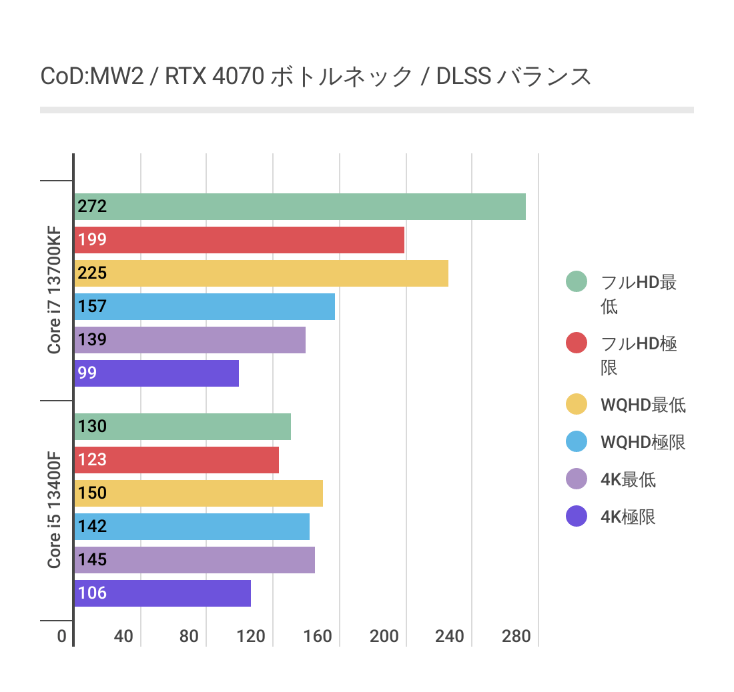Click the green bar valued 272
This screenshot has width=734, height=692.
click(x=300, y=207)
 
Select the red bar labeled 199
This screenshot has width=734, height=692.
click(x=240, y=240)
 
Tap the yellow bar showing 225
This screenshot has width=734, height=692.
click(x=262, y=273)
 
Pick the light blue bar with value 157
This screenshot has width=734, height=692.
click(x=205, y=307)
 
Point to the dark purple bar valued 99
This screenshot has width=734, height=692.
click(x=157, y=373)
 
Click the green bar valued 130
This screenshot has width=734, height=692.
click(x=183, y=427)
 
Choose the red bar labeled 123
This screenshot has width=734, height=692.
click(x=177, y=460)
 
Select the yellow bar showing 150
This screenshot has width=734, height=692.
click(x=199, y=493)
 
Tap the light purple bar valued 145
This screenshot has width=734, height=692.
click(x=195, y=560)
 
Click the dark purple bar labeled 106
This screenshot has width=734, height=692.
click(x=163, y=593)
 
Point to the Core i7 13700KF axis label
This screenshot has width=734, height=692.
click(x=54, y=290)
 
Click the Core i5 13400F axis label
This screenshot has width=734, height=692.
click(x=54, y=511)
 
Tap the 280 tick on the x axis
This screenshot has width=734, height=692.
click(x=516, y=636)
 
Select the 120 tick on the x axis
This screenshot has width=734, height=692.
click(x=251, y=636)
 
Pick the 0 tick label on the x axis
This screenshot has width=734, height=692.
click(x=61, y=636)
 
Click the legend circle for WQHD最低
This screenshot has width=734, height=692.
click(x=576, y=405)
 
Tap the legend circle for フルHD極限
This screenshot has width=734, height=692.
click(x=576, y=343)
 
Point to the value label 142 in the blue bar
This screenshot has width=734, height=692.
click(x=92, y=527)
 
